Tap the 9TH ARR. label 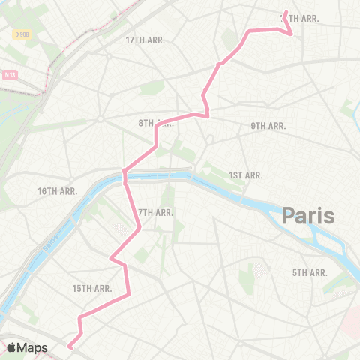(x=268, y=126)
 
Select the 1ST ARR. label (x=245, y=175)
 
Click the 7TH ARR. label (x=156, y=212)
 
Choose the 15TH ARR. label (x=92, y=288)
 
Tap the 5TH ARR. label (x=310, y=272)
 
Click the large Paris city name (x=308, y=217)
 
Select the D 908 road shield (x=22, y=34)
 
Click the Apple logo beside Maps (x=12, y=347)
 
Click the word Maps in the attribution (x=33, y=347)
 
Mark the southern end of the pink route (x=69, y=346)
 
